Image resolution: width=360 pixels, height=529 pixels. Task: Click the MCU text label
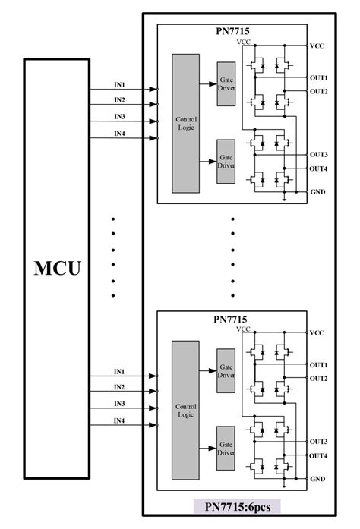click(x=58, y=268)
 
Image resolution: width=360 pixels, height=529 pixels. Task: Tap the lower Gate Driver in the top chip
click(x=226, y=160)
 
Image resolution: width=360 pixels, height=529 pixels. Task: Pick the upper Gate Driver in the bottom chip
click(x=226, y=372)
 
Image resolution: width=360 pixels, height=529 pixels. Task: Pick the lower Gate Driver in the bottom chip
click(x=226, y=448)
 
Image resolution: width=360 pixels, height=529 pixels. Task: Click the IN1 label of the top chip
click(x=119, y=84)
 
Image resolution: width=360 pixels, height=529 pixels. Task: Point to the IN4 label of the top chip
click(x=119, y=134)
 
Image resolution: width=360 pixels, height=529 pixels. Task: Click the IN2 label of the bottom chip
click(x=119, y=388)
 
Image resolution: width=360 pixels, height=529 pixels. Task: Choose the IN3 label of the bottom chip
click(x=119, y=404)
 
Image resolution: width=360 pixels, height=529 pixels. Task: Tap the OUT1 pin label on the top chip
click(x=318, y=77)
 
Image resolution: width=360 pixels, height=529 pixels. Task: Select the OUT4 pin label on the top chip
click(x=318, y=168)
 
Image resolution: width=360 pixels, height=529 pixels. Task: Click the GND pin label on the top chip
click(x=317, y=192)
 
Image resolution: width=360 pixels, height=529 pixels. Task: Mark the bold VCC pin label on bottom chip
click(x=317, y=333)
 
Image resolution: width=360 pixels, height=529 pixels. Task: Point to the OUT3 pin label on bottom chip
click(x=318, y=442)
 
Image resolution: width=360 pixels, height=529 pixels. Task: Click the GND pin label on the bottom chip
click(x=317, y=480)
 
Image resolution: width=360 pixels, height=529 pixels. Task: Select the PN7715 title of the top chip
click(x=232, y=33)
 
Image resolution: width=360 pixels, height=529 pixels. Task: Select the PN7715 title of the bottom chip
click(x=232, y=319)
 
